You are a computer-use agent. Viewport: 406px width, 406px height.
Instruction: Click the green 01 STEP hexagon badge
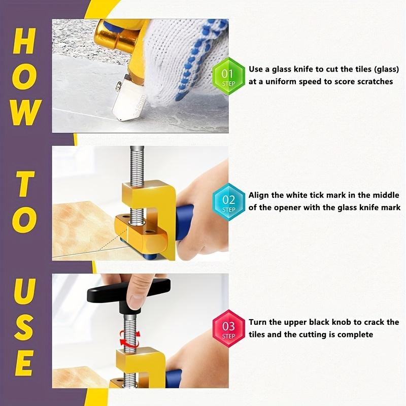tap(228, 77)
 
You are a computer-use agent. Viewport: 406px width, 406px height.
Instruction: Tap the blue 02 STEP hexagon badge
tap(228, 202)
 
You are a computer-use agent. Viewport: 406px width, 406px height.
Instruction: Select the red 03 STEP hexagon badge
tap(228, 328)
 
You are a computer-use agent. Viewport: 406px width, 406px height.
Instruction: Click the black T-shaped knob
tap(129, 295)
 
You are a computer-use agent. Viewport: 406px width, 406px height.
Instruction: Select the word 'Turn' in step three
tap(258, 322)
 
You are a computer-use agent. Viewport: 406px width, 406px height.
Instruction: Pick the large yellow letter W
tap(26, 112)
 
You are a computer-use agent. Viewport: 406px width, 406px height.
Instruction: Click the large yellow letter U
tap(24, 291)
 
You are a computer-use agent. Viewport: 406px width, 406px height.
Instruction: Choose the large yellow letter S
tap(24, 327)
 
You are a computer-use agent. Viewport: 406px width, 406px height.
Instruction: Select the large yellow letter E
tap(24, 363)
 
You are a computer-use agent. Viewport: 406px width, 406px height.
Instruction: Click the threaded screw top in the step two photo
tap(137, 166)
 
